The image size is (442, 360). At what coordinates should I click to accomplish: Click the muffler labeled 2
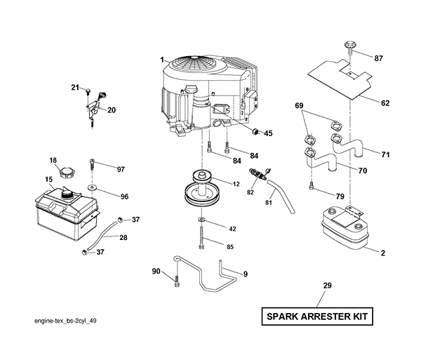pos(344,227)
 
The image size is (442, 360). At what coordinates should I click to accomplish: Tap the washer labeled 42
pos(201,224)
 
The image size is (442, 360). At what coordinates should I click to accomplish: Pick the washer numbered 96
pos(93,188)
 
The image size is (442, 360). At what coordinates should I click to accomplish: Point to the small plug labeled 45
pos(257,131)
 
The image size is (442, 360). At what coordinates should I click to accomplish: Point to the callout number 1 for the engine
pos(161,60)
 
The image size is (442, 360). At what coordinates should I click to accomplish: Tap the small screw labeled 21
pos(87,92)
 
